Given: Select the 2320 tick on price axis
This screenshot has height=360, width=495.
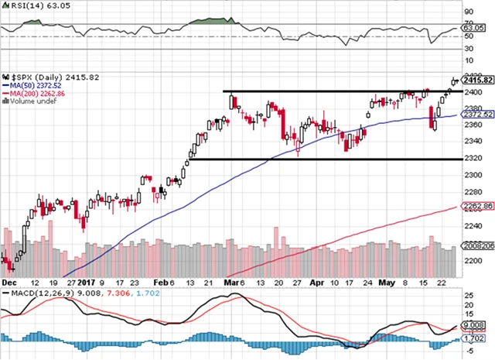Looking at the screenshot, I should coord(469,159).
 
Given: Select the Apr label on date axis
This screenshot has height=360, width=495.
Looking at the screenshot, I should coord(316,283).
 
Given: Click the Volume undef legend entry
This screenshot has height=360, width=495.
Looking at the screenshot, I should coord(29,101).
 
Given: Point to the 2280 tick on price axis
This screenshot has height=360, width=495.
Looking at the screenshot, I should coord(469,192).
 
